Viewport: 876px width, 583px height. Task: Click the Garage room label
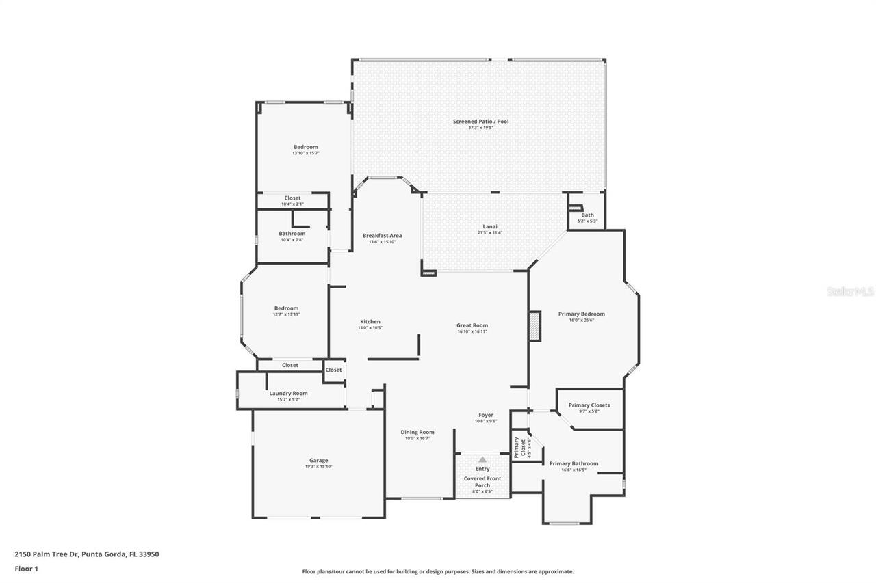tap(318, 460)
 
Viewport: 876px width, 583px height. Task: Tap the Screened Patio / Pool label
tap(480, 122)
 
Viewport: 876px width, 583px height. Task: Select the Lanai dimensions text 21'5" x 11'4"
tap(489, 233)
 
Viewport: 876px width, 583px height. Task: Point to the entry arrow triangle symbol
tap(482, 460)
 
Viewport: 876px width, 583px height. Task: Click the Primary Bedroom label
tap(581, 314)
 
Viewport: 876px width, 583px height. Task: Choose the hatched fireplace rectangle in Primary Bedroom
tap(534, 326)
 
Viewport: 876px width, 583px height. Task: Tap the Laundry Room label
tap(288, 393)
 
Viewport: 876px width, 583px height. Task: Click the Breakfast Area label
tap(382, 235)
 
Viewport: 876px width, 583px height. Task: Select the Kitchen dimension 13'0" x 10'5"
tap(370, 328)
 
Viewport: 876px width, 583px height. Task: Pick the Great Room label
tap(472, 325)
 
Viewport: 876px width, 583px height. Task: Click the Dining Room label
tap(417, 432)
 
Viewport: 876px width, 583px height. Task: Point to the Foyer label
tap(485, 415)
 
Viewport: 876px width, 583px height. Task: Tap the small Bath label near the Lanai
tap(587, 215)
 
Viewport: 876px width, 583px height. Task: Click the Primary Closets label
tap(589, 405)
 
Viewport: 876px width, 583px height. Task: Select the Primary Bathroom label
tap(574, 463)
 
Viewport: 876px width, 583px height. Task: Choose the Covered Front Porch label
tap(482, 482)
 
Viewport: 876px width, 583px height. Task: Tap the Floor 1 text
tap(26, 568)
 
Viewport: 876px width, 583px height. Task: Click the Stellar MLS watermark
tap(850, 291)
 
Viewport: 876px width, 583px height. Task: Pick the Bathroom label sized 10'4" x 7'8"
tap(292, 234)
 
